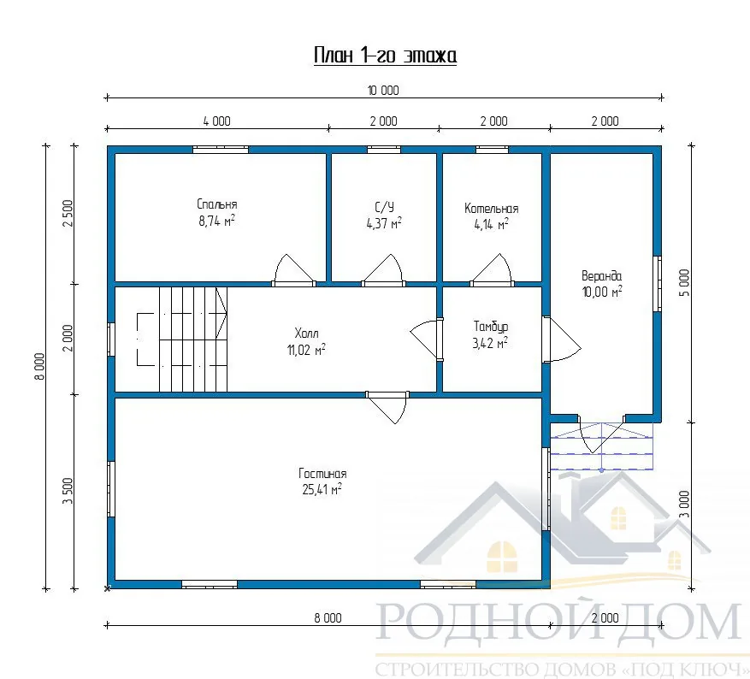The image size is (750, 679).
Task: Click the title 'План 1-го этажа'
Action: click(385, 56)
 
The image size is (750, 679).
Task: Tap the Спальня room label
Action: click(216, 204)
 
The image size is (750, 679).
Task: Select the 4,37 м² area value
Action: click(384, 223)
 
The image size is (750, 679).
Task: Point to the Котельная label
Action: click(491, 209)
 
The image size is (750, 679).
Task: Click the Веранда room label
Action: click(601, 276)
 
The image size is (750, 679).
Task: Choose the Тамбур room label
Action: click(491, 327)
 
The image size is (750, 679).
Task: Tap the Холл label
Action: click(306, 333)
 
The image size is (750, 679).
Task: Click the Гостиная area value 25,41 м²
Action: click(322, 489)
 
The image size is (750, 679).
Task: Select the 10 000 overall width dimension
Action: click(383, 91)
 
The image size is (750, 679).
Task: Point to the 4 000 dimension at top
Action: click(216, 121)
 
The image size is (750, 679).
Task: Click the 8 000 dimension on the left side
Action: click(40, 366)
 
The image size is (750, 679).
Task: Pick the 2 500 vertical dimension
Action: click(68, 213)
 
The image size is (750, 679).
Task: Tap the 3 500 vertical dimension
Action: click(68, 491)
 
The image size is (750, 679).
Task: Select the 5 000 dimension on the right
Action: click(685, 282)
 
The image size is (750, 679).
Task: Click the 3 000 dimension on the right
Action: click(685, 504)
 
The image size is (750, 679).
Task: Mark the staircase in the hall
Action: click(182, 339)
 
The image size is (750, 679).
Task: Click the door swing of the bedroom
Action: click(293, 269)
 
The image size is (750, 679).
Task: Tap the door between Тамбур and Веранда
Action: click(562, 339)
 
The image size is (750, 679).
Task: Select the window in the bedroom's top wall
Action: click(221, 150)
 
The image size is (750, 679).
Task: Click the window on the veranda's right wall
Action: click(658, 284)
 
